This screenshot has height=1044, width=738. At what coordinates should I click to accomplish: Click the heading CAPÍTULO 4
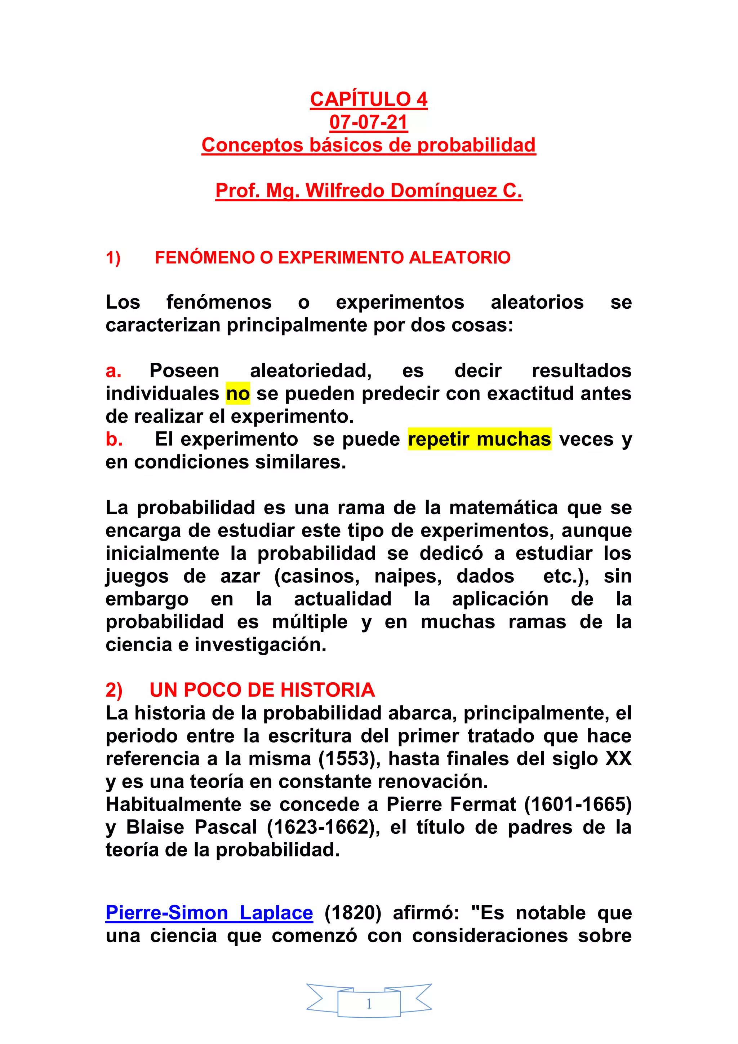(x=369, y=99)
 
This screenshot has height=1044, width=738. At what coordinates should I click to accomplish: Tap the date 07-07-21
(x=369, y=122)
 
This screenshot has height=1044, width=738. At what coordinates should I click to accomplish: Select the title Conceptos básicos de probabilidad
(x=369, y=145)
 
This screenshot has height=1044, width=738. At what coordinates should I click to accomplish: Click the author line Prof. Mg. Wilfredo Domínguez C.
(x=369, y=190)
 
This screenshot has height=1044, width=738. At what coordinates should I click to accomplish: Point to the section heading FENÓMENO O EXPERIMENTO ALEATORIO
(x=333, y=258)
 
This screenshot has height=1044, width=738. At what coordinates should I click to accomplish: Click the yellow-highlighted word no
(x=238, y=394)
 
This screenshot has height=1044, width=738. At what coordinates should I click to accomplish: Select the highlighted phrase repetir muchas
(x=479, y=439)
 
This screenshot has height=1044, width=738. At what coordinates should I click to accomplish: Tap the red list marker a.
(x=113, y=371)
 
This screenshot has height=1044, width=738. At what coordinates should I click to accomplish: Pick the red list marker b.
(x=114, y=439)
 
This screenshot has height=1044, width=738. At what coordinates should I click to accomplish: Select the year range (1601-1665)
(x=578, y=805)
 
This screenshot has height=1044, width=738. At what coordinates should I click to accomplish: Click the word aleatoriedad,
(x=311, y=371)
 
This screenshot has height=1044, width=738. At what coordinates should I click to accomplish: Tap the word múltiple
(x=310, y=622)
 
